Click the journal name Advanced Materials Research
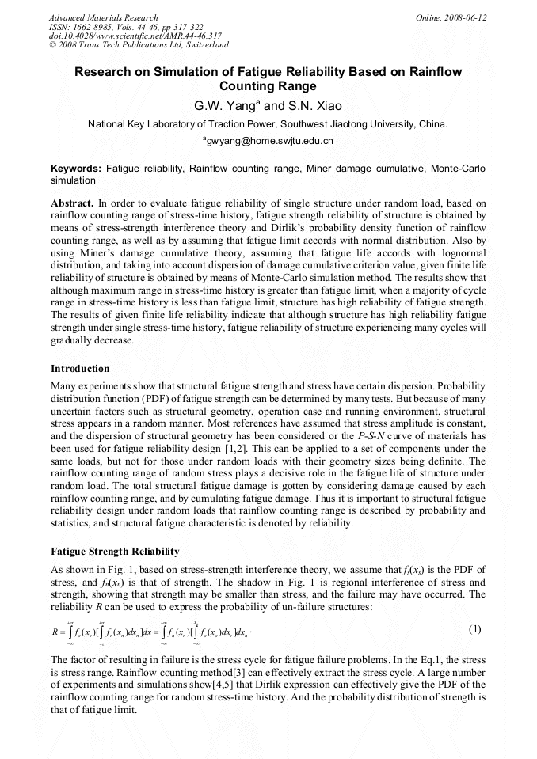coord(104,17)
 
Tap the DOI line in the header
coord(135,36)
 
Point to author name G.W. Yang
coord(225,105)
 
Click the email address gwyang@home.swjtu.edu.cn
coord(269,141)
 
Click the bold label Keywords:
coord(76,169)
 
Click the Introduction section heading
coord(80,369)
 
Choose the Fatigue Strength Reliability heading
coord(115,551)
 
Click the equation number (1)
coord(475,629)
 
